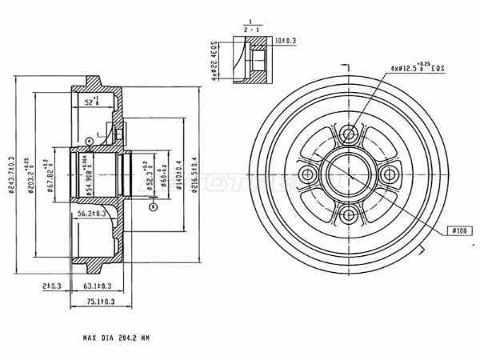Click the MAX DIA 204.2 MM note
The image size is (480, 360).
[x=117, y=339]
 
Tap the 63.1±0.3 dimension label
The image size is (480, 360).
[x=95, y=286]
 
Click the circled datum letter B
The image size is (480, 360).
[x=152, y=206]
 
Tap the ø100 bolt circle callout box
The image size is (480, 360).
[x=459, y=230]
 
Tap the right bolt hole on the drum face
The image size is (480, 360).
[x=389, y=174]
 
